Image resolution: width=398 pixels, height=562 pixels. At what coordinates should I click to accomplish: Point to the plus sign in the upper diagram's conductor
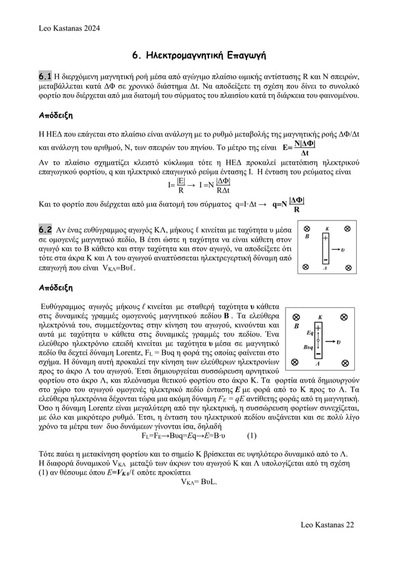[325, 238]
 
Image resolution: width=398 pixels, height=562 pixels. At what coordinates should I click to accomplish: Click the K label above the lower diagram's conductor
[319, 316]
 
